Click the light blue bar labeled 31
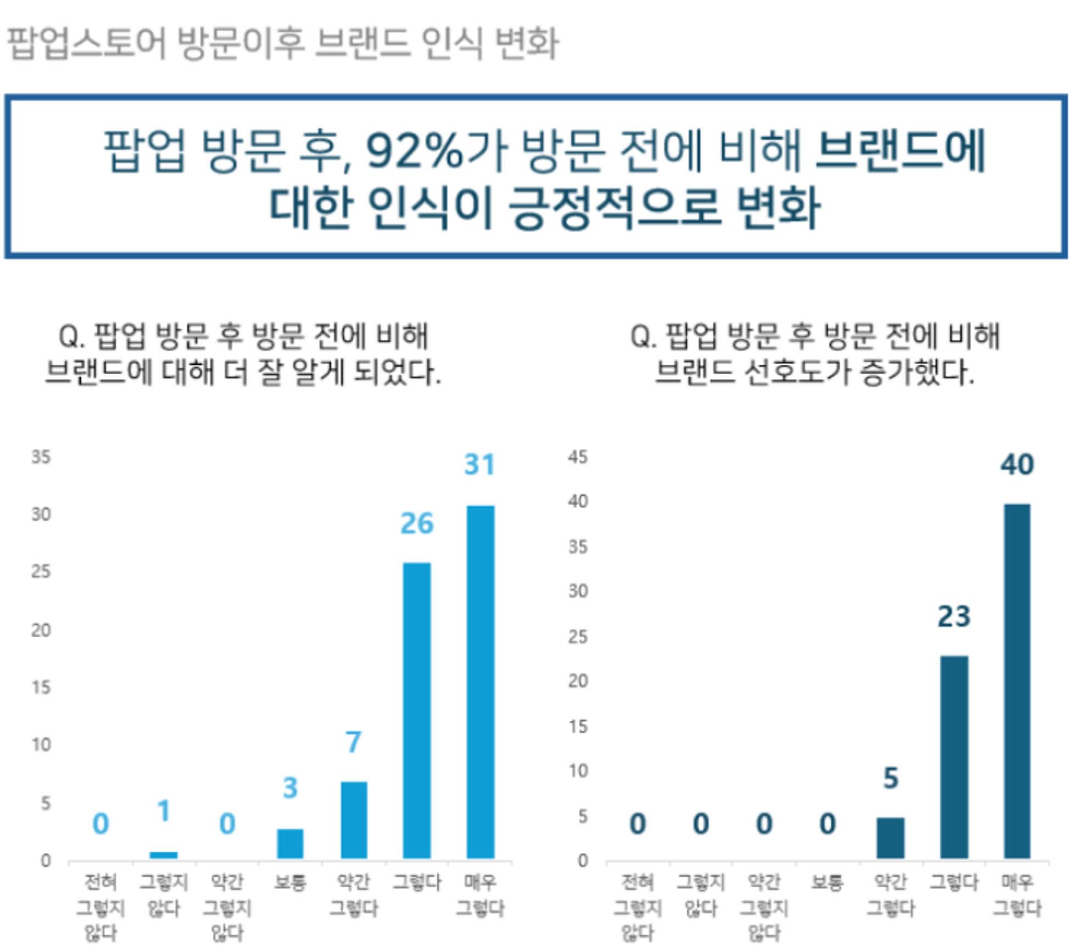point(480,681)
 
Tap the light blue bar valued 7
point(354,819)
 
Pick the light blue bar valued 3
point(290,843)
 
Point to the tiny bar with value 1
point(164,855)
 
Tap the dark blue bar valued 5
point(890,837)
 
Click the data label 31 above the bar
point(480,464)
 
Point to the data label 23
point(954,616)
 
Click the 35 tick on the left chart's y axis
point(41,457)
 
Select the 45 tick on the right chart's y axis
point(577,457)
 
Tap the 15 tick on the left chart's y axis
point(41,687)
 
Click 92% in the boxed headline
point(415,151)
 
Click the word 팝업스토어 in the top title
point(86,43)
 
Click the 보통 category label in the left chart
point(290,882)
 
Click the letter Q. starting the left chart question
point(71,336)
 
